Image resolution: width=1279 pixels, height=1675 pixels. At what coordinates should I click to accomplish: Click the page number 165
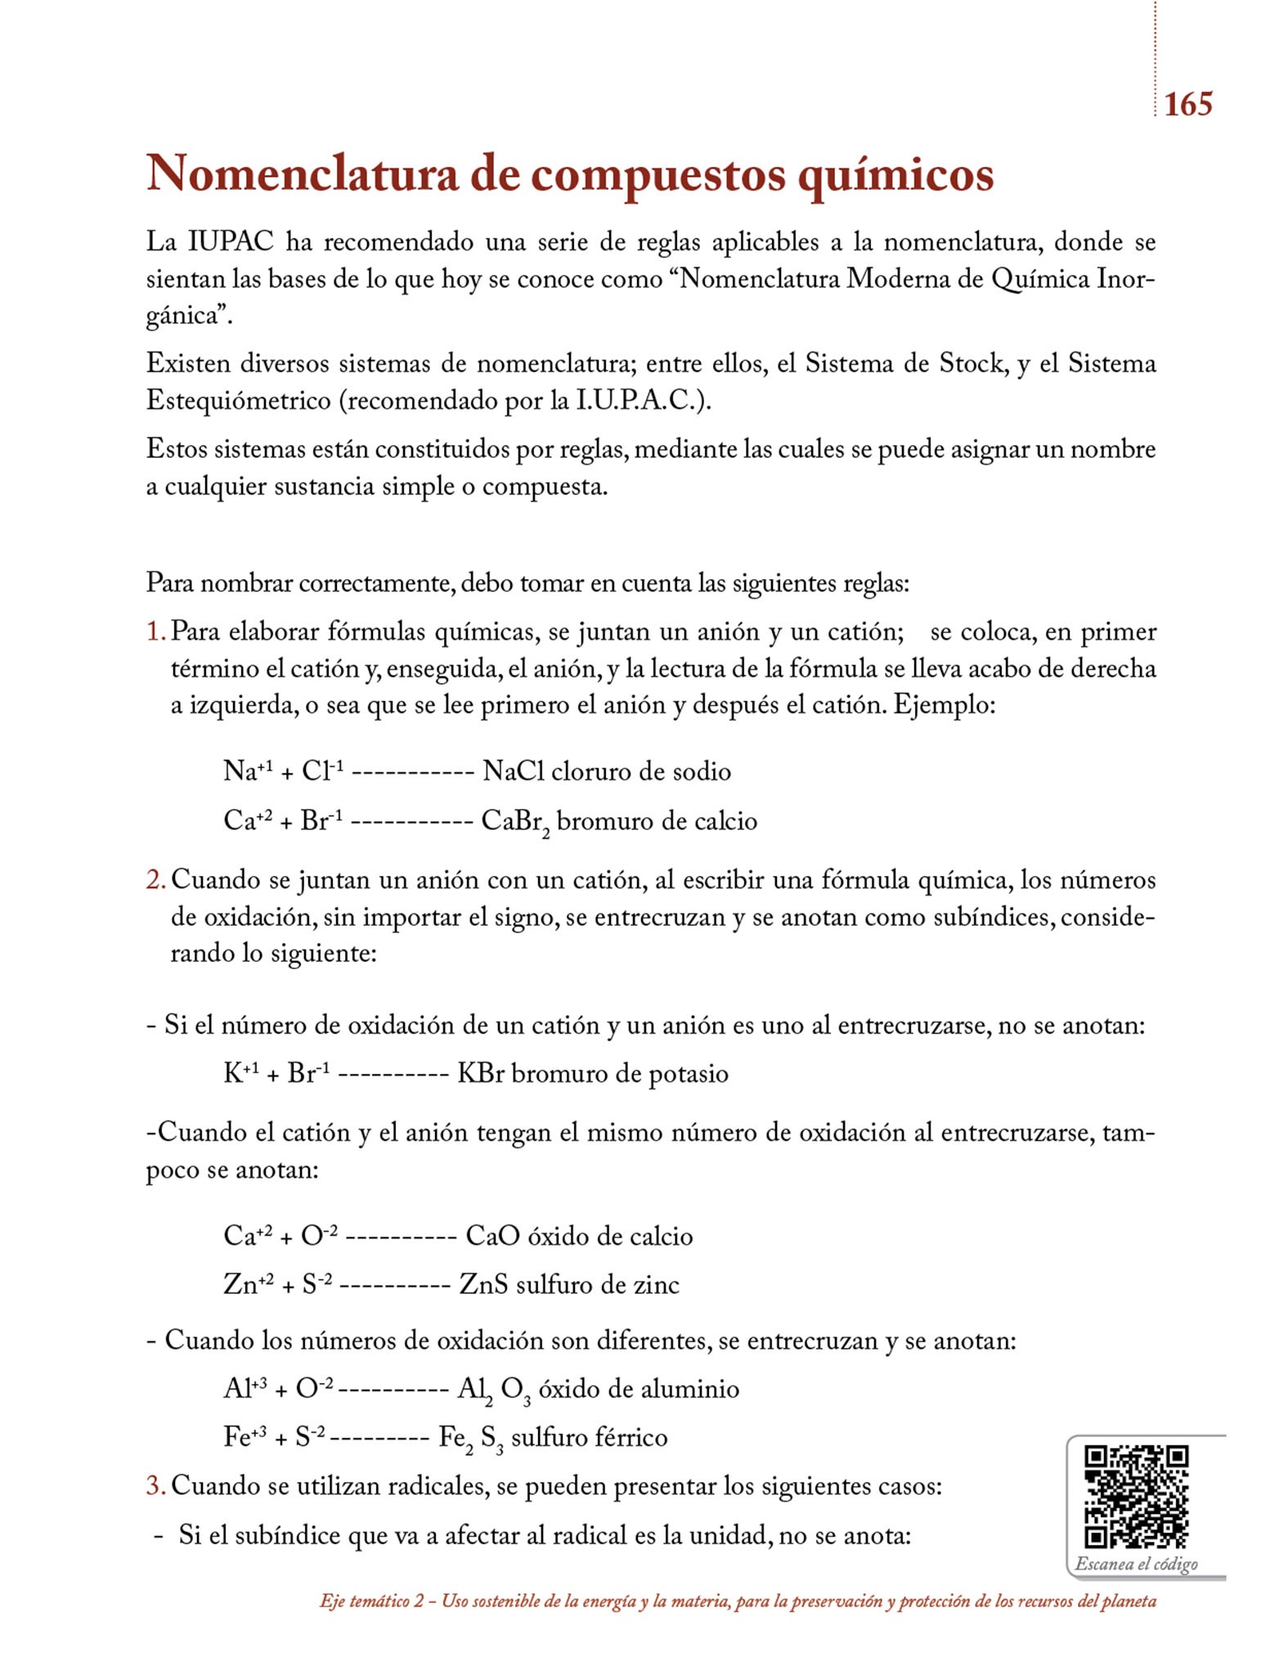[x=1187, y=105]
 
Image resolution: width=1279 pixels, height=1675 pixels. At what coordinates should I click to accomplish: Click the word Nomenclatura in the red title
[x=302, y=173]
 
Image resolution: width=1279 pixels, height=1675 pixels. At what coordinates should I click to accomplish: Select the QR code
[x=1136, y=1498]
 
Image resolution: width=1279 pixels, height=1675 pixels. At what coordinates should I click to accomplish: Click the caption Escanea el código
[x=1136, y=1564]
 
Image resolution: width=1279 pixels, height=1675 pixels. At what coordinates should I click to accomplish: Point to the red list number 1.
[x=155, y=632]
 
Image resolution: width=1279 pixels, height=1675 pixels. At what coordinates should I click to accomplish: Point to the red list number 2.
[x=155, y=880]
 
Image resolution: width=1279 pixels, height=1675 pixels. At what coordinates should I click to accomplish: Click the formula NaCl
[x=513, y=771]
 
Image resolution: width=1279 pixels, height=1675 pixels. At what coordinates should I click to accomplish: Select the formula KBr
[x=480, y=1073]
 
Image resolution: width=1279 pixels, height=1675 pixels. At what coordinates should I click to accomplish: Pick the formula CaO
[x=492, y=1235]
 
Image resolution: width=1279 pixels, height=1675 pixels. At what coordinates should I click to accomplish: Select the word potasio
[x=688, y=1074]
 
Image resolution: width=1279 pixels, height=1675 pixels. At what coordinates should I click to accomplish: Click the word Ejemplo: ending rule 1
[x=944, y=704]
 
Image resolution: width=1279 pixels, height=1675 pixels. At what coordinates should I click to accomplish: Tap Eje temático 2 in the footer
[x=372, y=1601]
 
